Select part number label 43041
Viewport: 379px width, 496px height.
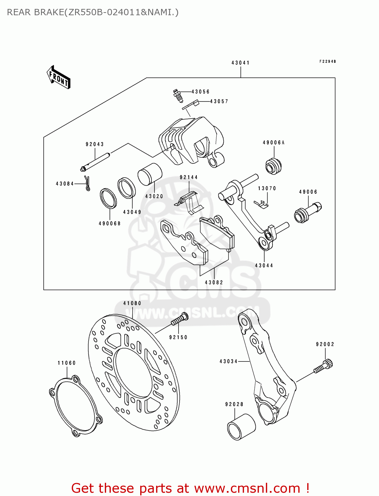pyautogui.click(x=240, y=62)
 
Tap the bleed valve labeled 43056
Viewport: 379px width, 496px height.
pyautogui.click(x=177, y=95)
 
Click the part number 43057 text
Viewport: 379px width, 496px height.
pyautogui.click(x=219, y=102)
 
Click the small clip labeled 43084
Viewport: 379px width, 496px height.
pyautogui.click(x=87, y=184)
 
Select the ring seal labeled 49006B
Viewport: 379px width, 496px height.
pyautogui.click(x=108, y=198)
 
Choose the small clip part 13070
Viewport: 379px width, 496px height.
pyautogui.click(x=261, y=204)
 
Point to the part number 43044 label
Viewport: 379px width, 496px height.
pyautogui.click(x=264, y=265)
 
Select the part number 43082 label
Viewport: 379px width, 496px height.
pyautogui.click(x=214, y=282)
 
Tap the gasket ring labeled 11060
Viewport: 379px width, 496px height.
pyautogui.click(x=75, y=406)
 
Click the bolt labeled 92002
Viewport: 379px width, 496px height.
pyautogui.click(x=323, y=366)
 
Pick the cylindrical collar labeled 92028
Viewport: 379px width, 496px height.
pyautogui.click(x=241, y=427)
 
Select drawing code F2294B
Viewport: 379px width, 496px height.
pyautogui.click(x=327, y=62)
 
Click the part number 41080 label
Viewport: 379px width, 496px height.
pyautogui.click(x=132, y=303)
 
